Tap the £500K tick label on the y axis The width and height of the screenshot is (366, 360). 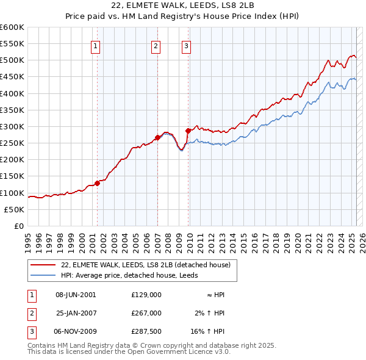12,60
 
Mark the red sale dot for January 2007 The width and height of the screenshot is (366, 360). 157,137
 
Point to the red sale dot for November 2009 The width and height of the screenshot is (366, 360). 188,131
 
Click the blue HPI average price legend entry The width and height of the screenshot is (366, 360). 131,275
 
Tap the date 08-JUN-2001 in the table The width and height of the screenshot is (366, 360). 76,294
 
